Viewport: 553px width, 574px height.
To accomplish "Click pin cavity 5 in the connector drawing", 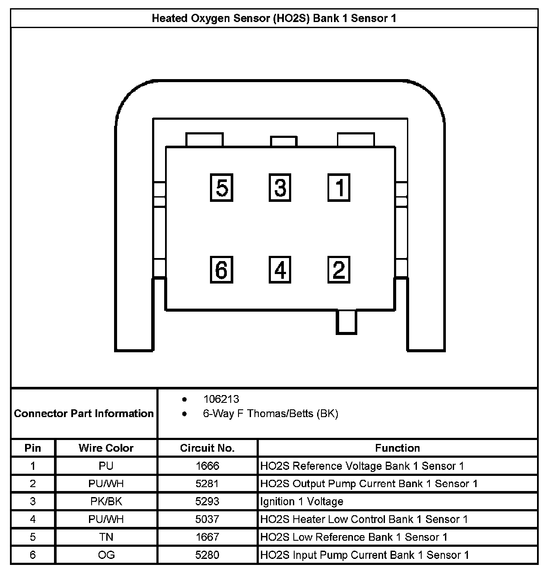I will (x=222, y=188).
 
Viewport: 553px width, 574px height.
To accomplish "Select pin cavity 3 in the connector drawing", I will (x=280, y=188).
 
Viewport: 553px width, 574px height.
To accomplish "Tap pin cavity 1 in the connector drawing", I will (x=339, y=188).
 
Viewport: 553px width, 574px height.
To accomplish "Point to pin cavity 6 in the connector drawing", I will (x=222, y=270).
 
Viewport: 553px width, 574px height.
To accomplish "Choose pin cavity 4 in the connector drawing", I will (x=280, y=270).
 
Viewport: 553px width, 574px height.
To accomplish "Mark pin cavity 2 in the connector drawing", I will (x=339, y=270).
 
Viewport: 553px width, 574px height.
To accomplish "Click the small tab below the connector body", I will (x=346, y=322).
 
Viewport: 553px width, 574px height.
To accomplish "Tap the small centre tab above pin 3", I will (x=284, y=141).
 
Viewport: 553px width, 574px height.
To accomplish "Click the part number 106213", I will (x=221, y=399).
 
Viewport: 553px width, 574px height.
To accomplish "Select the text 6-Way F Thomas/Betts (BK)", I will (x=270, y=414).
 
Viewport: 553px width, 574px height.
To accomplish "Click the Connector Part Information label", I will (x=84, y=414).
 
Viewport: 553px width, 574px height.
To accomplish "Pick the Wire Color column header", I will (x=106, y=448).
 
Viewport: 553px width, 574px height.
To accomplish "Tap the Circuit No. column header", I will (x=207, y=448).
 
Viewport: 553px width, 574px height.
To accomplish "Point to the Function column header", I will (x=397, y=448).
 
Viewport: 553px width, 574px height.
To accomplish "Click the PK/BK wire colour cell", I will (x=106, y=501).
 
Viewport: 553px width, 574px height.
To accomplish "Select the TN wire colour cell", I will (x=106, y=537).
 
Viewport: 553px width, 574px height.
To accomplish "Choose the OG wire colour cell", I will (x=106, y=555).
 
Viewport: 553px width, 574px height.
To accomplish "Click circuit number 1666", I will (x=207, y=466).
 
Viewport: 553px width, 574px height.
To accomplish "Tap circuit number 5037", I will (x=207, y=519).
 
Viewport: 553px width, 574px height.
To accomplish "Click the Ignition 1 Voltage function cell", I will (x=302, y=501).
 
